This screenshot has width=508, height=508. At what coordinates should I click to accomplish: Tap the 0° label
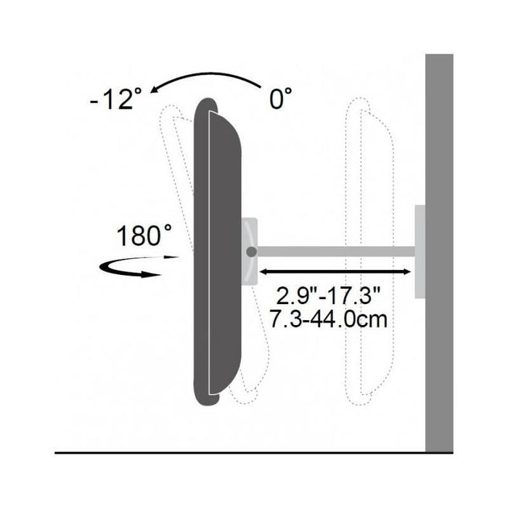point(281,99)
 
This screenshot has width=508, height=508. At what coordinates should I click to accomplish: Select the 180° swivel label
point(144,236)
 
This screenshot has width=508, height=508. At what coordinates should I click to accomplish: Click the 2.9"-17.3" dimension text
point(328,296)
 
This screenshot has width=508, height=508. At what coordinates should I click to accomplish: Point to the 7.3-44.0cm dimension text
point(329,319)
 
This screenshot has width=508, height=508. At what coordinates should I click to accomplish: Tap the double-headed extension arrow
point(335,272)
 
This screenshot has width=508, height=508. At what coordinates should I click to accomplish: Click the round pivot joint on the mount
point(251,252)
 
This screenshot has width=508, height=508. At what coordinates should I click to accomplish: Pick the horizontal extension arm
point(336,251)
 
